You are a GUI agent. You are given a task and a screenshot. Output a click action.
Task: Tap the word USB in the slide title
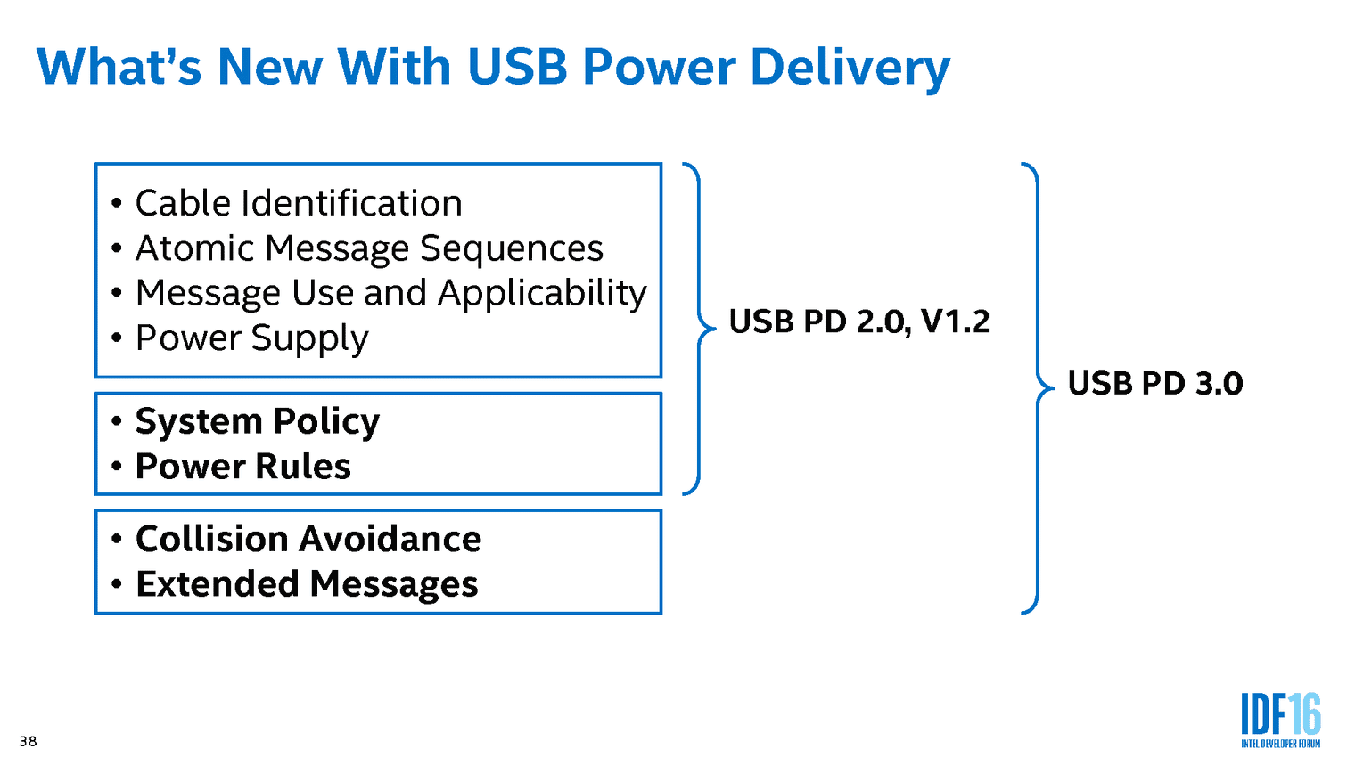[517, 68]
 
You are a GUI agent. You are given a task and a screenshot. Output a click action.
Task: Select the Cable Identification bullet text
[299, 204]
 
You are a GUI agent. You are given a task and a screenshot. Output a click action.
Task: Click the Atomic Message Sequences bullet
[369, 248]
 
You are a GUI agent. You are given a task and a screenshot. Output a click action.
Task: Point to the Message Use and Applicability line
[390, 293]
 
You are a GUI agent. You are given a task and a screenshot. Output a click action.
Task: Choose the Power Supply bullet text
[251, 338]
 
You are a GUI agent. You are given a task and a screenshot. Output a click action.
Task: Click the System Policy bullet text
[257, 421]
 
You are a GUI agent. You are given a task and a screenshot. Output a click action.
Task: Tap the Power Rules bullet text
[242, 467]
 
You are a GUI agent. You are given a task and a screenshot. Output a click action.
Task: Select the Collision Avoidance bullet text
[308, 539]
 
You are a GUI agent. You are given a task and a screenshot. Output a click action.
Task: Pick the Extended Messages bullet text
[307, 584]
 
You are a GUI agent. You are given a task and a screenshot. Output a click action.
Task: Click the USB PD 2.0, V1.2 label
[858, 322]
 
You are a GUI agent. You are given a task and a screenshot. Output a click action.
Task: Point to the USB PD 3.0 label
[1154, 384]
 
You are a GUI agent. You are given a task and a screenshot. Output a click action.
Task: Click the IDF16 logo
[1280, 715]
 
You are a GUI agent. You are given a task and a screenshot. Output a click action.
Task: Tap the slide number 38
[29, 741]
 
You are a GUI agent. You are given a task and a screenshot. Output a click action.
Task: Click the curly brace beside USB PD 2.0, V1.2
[699, 328]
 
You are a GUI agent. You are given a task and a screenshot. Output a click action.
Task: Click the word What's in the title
[119, 68]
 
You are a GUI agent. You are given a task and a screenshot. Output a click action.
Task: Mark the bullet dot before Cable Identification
[116, 204]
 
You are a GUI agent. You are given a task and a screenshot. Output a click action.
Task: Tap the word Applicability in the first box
[542, 293]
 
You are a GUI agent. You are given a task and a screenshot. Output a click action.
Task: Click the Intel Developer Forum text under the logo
[1280, 744]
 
